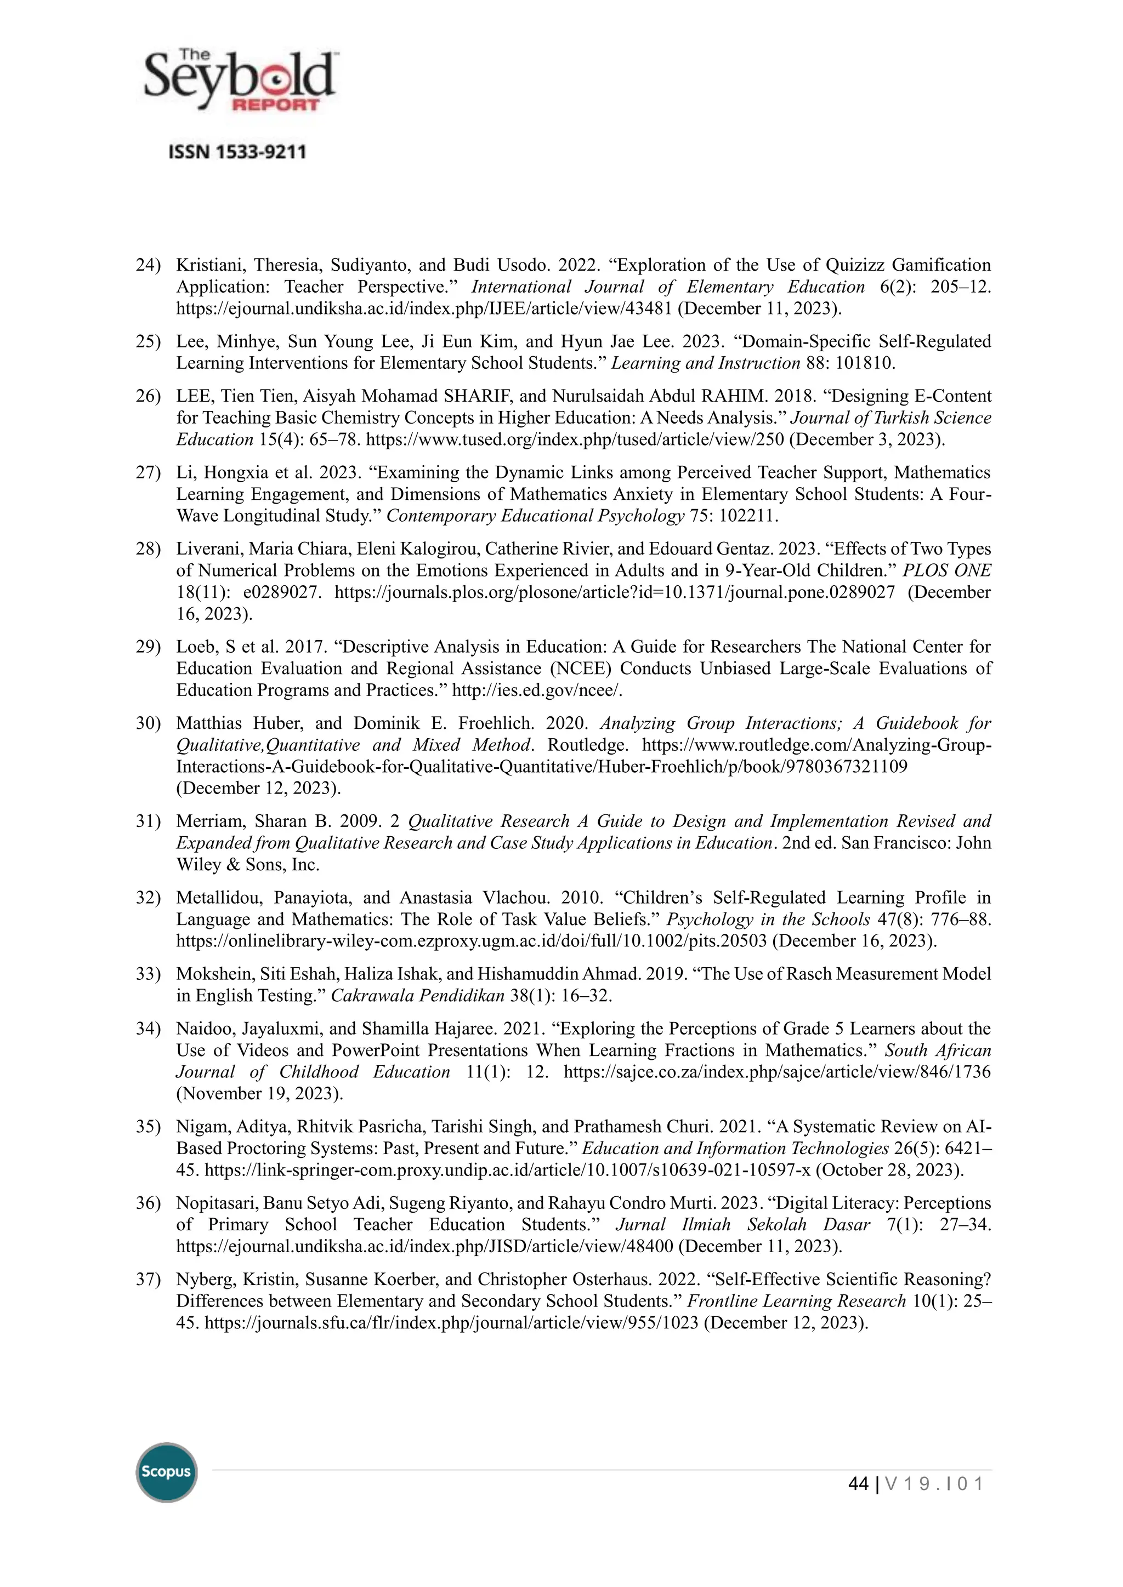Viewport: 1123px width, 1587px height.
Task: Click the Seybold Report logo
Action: (239, 81)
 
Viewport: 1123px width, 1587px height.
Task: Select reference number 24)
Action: (148, 265)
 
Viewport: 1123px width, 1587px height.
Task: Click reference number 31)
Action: (148, 821)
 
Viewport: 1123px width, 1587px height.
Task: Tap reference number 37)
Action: (148, 1280)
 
